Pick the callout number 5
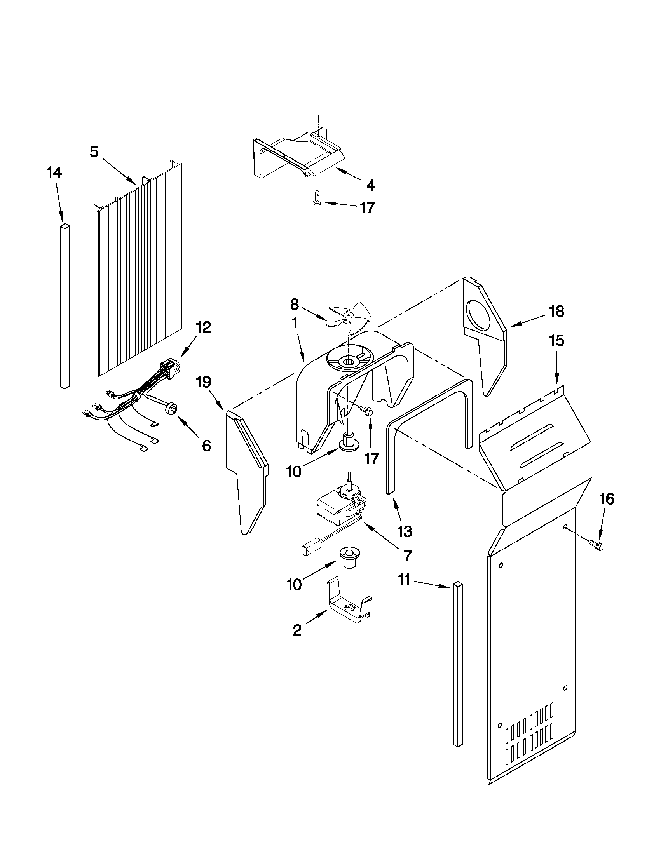[94, 152]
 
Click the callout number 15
[556, 341]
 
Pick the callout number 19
[204, 382]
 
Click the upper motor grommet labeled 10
[348, 442]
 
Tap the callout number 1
[295, 322]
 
